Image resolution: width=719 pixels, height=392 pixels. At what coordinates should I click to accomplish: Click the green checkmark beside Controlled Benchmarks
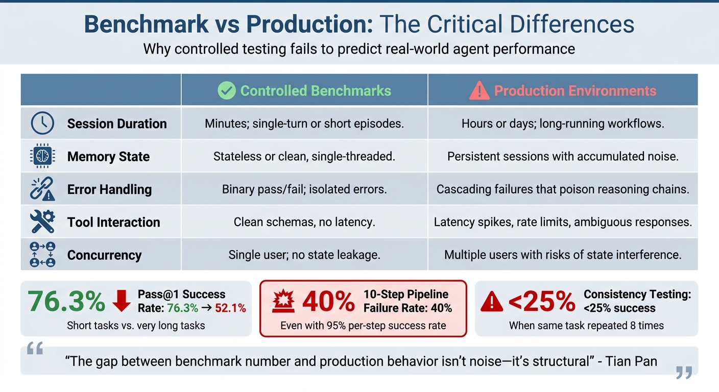[226, 91]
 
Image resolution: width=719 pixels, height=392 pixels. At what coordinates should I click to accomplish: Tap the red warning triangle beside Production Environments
[479, 91]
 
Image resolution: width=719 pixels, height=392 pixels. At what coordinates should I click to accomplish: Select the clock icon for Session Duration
[42, 124]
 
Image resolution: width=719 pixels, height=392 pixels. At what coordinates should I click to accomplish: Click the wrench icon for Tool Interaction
[42, 222]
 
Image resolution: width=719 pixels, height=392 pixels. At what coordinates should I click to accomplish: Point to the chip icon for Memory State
[42, 156]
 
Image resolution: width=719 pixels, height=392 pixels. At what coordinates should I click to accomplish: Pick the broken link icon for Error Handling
[42, 189]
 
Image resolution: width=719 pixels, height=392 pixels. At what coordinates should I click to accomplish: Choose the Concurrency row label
[104, 255]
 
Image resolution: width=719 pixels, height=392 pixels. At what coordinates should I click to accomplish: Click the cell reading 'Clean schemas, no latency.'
[304, 222]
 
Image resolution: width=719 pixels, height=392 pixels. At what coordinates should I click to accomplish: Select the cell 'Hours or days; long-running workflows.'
[563, 124]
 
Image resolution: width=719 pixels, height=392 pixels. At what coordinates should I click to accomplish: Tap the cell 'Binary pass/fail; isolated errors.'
[304, 189]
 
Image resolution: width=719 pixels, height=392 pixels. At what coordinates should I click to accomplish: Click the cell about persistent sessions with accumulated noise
[563, 156]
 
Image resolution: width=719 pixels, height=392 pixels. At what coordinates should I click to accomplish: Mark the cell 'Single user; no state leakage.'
[304, 255]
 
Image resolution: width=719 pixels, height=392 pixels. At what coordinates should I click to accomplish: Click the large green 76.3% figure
[66, 301]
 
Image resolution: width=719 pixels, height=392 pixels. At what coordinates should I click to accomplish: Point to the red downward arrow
[122, 301]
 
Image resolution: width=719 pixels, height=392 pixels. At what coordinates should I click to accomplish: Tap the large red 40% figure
[328, 302]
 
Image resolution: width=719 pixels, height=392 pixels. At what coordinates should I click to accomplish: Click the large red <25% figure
[542, 302]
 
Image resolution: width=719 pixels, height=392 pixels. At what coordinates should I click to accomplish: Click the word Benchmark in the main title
[146, 24]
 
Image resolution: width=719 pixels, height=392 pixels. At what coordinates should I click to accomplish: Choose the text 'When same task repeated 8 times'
[586, 325]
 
